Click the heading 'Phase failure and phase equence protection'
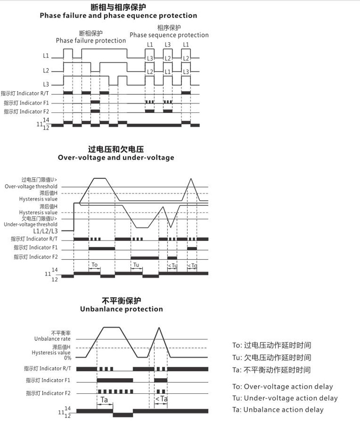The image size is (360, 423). tap(118, 16)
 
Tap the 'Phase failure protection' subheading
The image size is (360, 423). tap(91, 40)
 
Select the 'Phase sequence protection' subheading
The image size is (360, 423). tap(169, 35)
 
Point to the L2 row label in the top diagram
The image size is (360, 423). tap(46, 71)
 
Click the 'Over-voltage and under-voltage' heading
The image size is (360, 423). tap(116, 158)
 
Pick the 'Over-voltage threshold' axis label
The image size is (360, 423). tap(31, 187)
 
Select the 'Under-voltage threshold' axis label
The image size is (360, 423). tap(31, 224)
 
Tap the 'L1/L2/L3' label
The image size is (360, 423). tap(45, 231)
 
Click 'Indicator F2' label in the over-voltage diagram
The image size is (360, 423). tap(36, 257)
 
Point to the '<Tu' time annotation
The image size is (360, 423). tap(172, 266)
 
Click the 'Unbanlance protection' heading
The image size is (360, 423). tap(121, 309)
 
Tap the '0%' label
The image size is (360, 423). tap(67, 358)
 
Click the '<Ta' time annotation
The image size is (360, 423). tap(161, 398)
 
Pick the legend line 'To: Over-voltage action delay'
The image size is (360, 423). tap(283, 387)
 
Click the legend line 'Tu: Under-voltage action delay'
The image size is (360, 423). tap(285, 398)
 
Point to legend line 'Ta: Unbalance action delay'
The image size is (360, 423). tap(278, 410)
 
